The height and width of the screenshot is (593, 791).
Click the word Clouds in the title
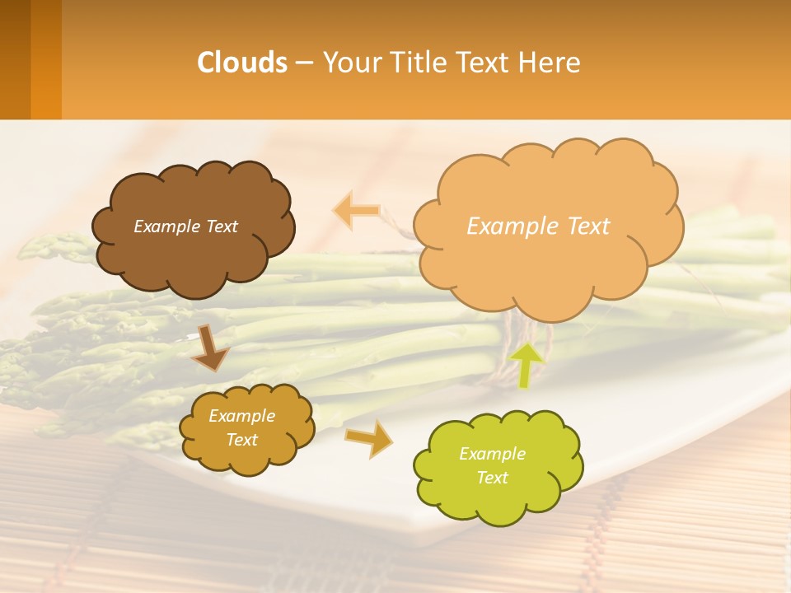tap(242, 63)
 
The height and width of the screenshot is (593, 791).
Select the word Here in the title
tap(551, 63)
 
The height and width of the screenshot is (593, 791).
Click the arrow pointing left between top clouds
tap(356, 211)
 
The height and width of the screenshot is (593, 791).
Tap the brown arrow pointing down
tap(211, 348)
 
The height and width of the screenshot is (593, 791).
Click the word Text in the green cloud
tap(493, 478)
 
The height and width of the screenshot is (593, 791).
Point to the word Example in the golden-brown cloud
tap(241, 416)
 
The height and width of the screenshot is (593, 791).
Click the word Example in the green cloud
tap(492, 454)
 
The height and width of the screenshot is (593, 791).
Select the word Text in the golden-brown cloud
tap(241, 440)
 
